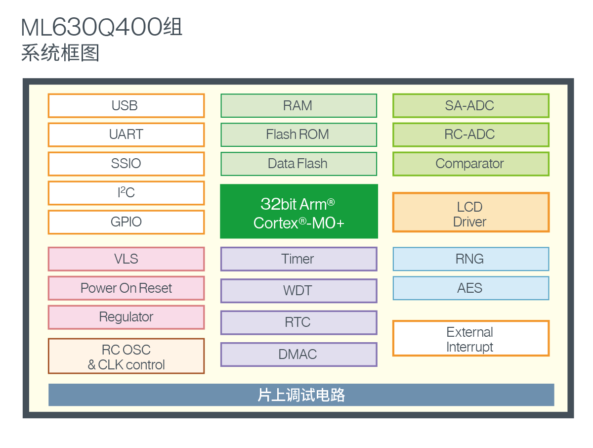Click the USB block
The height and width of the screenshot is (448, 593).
click(x=126, y=106)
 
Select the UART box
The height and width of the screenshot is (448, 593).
click(x=126, y=134)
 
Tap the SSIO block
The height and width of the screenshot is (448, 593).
click(x=126, y=164)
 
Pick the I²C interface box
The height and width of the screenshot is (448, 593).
click(x=126, y=193)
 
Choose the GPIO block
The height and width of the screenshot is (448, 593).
click(x=126, y=222)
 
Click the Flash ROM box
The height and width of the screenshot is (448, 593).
click(x=298, y=134)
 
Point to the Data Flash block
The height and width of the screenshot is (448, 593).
click(x=298, y=164)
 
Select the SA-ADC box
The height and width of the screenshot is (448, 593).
click(x=470, y=106)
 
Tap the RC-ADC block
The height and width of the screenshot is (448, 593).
click(x=470, y=134)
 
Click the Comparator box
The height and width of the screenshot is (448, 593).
click(x=470, y=164)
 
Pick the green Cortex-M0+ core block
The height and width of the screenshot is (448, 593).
click(x=298, y=212)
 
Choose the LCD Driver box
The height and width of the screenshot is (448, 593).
click(x=470, y=213)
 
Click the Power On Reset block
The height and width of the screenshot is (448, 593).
click(x=126, y=288)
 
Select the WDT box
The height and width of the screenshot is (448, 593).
click(x=298, y=291)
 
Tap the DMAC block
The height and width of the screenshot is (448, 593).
click(x=298, y=355)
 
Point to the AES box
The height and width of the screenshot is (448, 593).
click(x=470, y=288)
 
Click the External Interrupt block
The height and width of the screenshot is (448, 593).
click(x=470, y=339)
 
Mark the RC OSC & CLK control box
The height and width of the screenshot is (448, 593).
click(x=126, y=357)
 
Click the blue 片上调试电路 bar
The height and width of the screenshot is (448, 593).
click(x=301, y=395)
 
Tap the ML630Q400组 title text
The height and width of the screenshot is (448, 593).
click(x=102, y=28)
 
